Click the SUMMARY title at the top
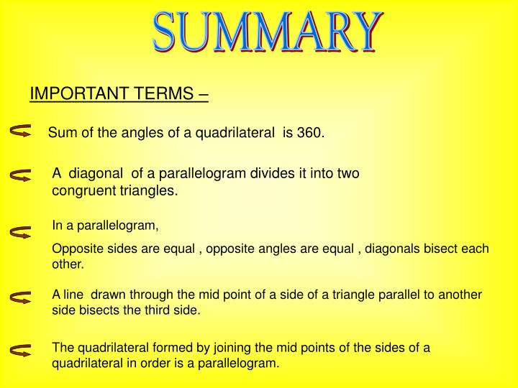pyautogui.click(x=265, y=33)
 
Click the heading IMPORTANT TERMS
pyautogui.click(x=119, y=94)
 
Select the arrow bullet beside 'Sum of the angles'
pyautogui.click(x=21, y=131)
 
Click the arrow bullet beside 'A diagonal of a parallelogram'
pyautogui.click(x=21, y=175)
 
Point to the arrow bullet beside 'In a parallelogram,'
pyautogui.click(x=21, y=233)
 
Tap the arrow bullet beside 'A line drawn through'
pyautogui.click(x=21, y=296)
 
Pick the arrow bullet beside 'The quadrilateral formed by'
pyautogui.click(x=21, y=350)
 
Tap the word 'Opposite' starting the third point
pyautogui.click(x=75, y=249)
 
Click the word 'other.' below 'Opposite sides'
pyautogui.click(x=68, y=264)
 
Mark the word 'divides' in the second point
pyautogui.click(x=269, y=174)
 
